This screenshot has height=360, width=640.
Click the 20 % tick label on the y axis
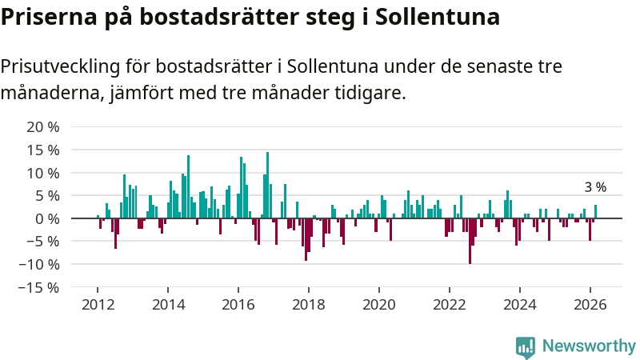point(42,126)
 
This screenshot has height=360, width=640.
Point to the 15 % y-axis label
point(42,150)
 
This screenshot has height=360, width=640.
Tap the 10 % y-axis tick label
point(42,173)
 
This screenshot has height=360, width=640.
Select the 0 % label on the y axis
point(46,218)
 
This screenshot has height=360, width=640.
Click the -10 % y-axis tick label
point(39,264)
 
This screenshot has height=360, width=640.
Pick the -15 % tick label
point(39,287)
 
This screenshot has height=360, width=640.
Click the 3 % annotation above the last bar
point(595,187)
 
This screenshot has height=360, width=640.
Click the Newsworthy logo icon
point(526,346)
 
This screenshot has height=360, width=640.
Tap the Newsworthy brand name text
point(590,346)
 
